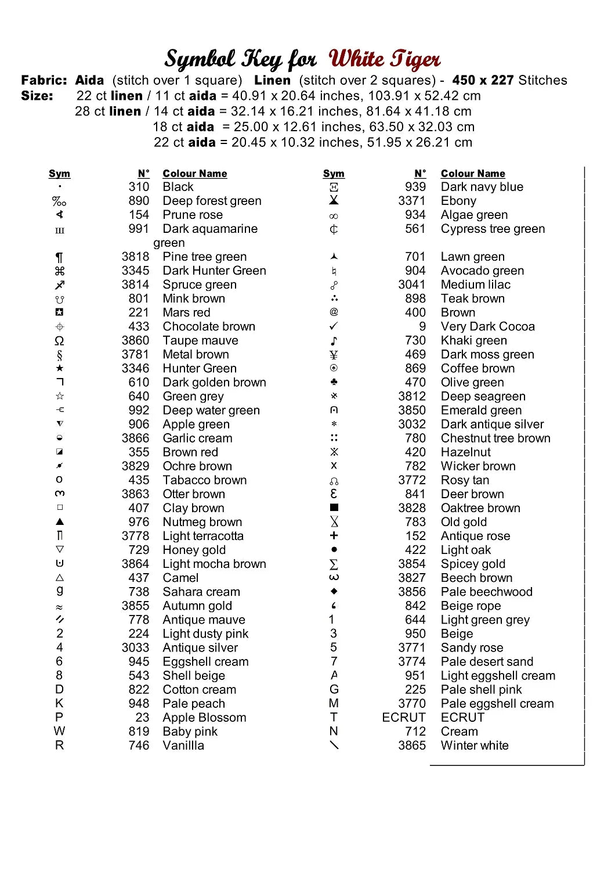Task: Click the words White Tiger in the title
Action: coord(384,59)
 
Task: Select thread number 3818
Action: coord(135,257)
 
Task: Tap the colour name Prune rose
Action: coord(193,215)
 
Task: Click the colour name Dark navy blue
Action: coord(482,187)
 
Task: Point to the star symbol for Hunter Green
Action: coord(60,368)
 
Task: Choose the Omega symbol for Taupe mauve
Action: coord(60,341)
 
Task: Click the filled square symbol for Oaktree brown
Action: coord(334,508)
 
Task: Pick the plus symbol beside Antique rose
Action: coord(334,536)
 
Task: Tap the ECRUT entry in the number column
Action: coord(403,718)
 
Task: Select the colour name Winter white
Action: coord(475,746)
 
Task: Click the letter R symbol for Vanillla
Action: coord(59,746)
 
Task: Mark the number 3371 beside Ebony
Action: coord(411,201)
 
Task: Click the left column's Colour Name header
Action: coord(195,174)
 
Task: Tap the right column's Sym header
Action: coord(334,174)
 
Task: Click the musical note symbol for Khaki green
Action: coord(334,341)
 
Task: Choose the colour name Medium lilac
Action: coord(475,285)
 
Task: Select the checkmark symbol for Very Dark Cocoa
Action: coord(334,326)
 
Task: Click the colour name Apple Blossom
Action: coord(204,718)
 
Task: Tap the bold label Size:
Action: coord(37,96)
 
